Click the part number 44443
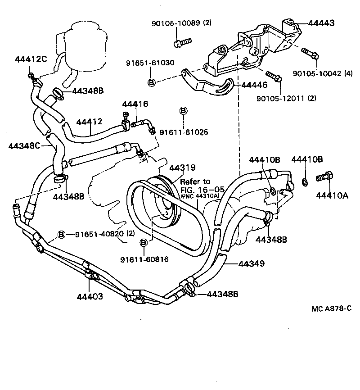pos(321,23)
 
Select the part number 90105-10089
pos(171,23)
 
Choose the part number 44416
pos(135,104)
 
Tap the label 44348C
pos(25,145)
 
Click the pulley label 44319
pos(182,168)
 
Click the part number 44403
pos(90,296)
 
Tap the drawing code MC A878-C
pos(331,308)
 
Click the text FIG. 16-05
pos(196,189)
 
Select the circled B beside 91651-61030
pos(152,82)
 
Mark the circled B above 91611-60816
pos(144,243)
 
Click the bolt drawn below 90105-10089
pos(182,42)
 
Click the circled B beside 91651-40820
pos(62,234)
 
